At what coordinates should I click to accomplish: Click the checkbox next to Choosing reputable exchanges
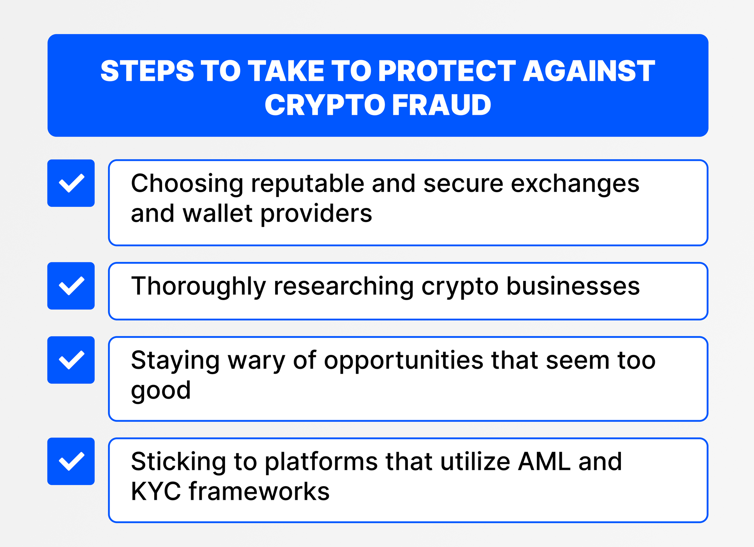[x=71, y=183]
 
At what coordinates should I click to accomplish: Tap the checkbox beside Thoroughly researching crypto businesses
[x=71, y=286]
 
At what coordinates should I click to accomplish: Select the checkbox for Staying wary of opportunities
[x=71, y=360]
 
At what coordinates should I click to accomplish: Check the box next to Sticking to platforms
[x=71, y=461]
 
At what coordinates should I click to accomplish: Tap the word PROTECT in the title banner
[x=447, y=71]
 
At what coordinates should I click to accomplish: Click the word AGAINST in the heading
[x=589, y=71]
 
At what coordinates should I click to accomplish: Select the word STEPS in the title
[x=147, y=71]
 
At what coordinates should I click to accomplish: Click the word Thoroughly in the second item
[x=198, y=287]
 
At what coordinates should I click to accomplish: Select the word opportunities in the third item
[x=403, y=361]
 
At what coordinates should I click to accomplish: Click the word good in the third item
[x=161, y=390]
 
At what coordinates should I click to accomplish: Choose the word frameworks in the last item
[x=259, y=492]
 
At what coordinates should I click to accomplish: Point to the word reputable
[x=308, y=184]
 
